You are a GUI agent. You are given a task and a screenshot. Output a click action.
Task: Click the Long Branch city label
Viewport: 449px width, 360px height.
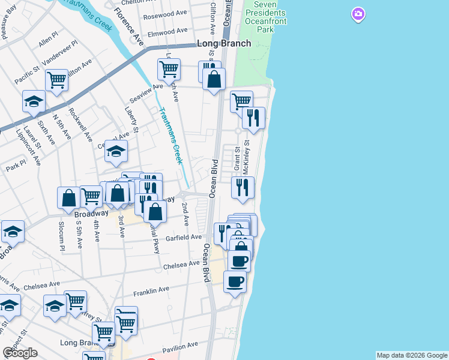pyautogui.click(x=224, y=44)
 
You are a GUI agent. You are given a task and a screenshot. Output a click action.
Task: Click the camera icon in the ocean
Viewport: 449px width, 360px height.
pyautogui.click(x=358, y=14)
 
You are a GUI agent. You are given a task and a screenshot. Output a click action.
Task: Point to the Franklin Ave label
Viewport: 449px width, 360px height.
pyautogui.click(x=151, y=290)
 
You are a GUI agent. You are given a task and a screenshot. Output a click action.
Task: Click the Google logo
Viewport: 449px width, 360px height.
pyautogui.click(x=20, y=353)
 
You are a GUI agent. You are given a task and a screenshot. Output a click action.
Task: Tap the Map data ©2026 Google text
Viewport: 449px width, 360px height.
pyautogui.click(x=412, y=355)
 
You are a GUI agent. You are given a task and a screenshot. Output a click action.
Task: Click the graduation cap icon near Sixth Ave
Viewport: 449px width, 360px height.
pyautogui.click(x=34, y=101)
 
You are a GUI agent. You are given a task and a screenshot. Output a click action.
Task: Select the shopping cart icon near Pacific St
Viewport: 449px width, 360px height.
pyautogui.click(x=56, y=79)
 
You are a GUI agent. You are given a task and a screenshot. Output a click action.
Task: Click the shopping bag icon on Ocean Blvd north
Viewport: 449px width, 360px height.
pyautogui.click(x=214, y=79)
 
